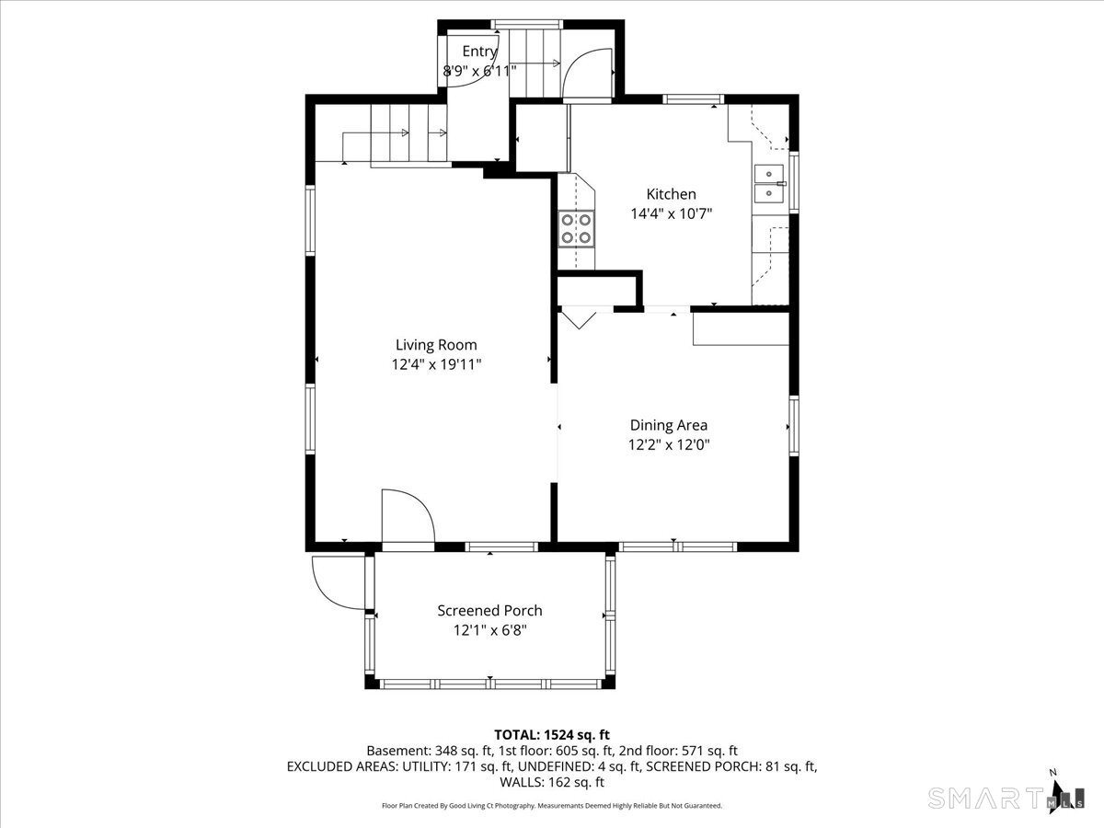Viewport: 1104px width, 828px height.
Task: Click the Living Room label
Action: point(436,345)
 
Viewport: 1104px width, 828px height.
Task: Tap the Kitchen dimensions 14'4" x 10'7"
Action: point(672,214)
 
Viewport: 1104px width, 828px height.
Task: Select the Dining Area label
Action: point(669,425)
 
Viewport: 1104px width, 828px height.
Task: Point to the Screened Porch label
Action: point(489,611)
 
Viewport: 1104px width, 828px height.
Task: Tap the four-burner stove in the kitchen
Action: point(577,229)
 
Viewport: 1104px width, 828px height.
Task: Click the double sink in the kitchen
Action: point(769,184)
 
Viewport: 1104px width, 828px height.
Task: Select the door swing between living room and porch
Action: point(408,516)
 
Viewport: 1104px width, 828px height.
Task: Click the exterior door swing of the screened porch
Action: point(338,582)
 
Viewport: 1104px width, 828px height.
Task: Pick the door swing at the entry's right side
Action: point(587,74)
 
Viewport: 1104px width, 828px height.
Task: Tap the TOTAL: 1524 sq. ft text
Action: point(552,734)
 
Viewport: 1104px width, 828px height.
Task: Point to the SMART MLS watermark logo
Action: point(1006,799)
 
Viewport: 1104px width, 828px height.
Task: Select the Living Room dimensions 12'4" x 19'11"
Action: point(437,364)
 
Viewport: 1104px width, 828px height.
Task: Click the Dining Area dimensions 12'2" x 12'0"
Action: point(669,445)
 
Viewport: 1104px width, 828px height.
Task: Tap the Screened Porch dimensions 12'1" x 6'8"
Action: point(489,630)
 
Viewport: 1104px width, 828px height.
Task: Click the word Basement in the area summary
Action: point(397,751)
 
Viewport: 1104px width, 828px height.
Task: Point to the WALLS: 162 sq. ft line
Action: point(552,782)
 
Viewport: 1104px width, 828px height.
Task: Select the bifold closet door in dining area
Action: point(579,320)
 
